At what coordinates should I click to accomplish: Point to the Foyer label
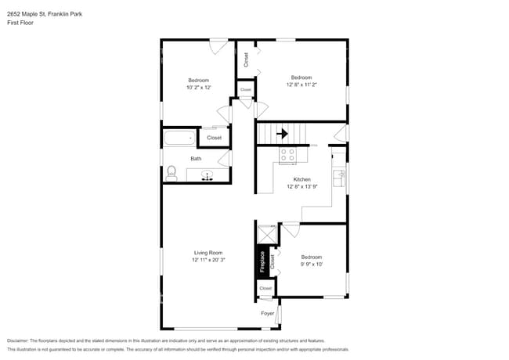point(268,312)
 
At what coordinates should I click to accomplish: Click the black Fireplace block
point(262,261)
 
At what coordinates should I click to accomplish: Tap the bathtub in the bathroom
point(179,139)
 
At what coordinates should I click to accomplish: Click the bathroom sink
point(208,175)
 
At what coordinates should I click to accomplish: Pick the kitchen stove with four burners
point(287,155)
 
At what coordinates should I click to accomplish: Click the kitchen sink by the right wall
point(338,178)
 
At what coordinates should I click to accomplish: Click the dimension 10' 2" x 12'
point(198,88)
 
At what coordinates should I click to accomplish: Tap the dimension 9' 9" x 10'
point(312,265)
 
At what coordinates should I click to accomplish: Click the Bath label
point(196,159)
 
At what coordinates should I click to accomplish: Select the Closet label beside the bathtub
point(214,138)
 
